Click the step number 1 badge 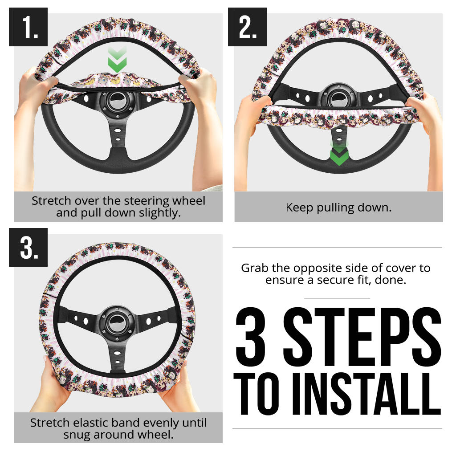point(28,27)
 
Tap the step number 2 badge point(247,27)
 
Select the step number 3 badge point(28,247)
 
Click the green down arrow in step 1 point(117,60)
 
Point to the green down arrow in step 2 point(339,154)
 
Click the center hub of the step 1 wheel point(117,102)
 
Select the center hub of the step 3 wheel point(117,323)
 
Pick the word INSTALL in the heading point(367,394)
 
